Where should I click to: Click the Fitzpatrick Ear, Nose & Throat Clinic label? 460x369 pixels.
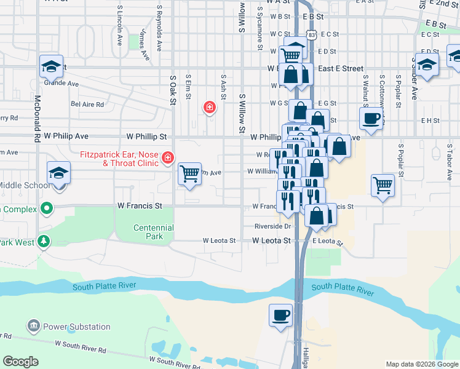tap(119, 159)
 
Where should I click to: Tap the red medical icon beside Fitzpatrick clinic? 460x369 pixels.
tap(167, 159)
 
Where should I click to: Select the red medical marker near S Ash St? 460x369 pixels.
tap(210, 108)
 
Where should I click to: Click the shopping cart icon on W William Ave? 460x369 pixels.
tap(190, 173)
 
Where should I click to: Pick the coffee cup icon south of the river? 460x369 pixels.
tap(281, 315)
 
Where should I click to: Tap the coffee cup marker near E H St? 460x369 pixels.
tap(371, 118)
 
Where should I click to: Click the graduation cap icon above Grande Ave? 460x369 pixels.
tap(52, 66)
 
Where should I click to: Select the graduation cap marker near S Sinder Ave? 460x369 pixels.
tap(427, 64)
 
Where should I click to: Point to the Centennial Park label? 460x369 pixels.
tap(154, 232)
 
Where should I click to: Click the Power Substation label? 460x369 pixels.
tap(76, 327)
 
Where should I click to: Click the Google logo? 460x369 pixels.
tap(21, 362)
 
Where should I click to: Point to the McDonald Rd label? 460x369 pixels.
tap(38, 119)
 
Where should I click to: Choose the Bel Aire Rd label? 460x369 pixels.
tap(87, 105)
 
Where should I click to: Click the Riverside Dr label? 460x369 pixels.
tap(272, 226)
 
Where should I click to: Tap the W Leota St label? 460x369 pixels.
tap(271, 241)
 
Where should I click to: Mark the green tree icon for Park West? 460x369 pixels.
tap(43, 241)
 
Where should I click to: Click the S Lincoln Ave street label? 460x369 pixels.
tap(119, 27)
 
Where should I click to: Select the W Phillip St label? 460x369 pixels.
tap(147, 136)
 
